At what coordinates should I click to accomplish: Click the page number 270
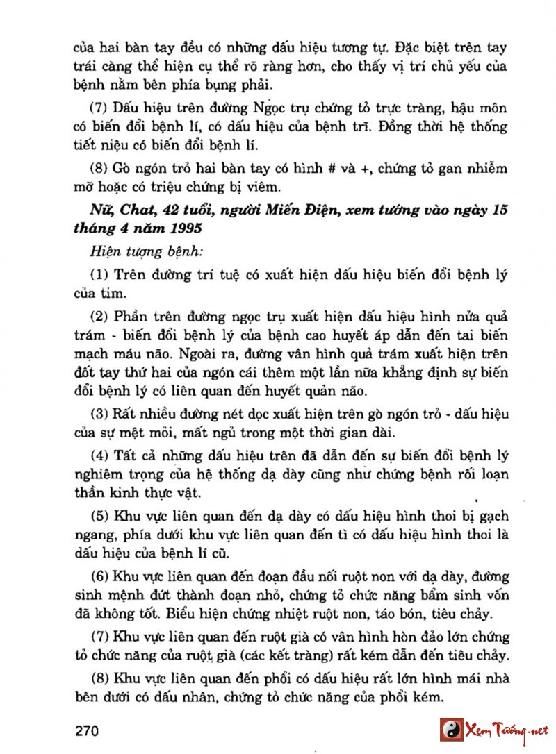pos(89,731)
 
